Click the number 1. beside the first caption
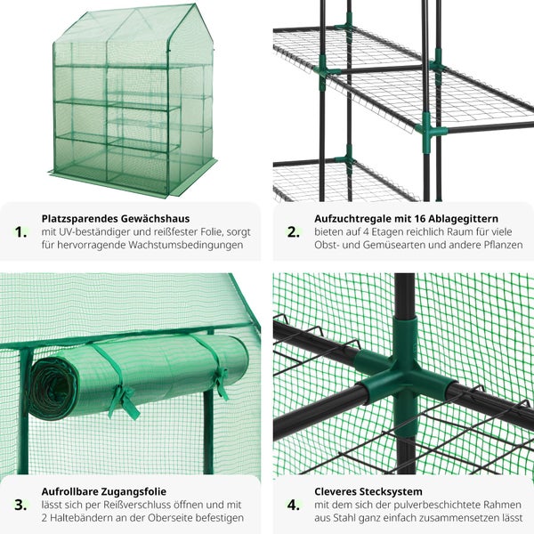(x=20, y=232)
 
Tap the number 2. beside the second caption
(x=294, y=232)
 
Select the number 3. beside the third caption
(x=20, y=505)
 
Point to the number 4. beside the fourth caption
(x=294, y=505)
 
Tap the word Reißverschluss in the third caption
(x=138, y=505)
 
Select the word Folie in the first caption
(x=212, y=232)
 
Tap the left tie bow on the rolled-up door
(x=125, y=402)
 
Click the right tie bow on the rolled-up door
(x=222, y=384)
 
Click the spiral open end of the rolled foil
(x=51, y=388)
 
